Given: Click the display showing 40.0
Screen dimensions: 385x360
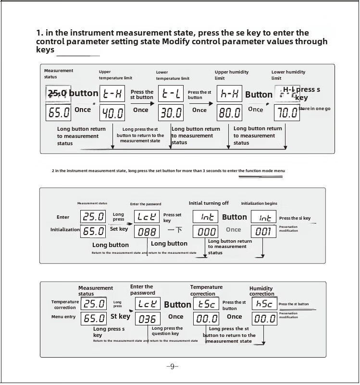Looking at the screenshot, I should click(x=112, y=113).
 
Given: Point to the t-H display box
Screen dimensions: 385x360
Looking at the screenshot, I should click(x=112, y=94).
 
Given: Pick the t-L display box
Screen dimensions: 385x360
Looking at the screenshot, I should click(x=172, y=94).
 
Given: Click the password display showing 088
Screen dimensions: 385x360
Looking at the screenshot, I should click(x=147, y=232).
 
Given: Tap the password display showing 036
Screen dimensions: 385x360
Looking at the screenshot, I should click(x=147, y=319).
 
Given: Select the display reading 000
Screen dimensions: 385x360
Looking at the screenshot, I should click(x=205, y=232).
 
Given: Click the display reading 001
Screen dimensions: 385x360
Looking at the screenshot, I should click(x=264, y=232).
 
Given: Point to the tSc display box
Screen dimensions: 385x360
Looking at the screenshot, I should click(x=206, y=304).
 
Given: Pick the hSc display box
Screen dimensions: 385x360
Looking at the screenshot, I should click(x=264, y=304).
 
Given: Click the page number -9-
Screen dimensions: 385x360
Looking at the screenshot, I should click(x=172, y=367).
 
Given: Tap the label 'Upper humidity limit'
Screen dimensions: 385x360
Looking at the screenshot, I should click(x=231, y=75).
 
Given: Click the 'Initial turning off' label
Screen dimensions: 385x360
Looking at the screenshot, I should click(x=209, y=203).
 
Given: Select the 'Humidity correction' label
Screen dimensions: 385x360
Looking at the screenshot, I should click(x=261, y=291).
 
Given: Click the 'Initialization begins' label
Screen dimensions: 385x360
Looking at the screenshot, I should click(x=259, y=204).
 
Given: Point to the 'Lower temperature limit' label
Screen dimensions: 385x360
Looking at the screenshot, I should click(x=173, y=75).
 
